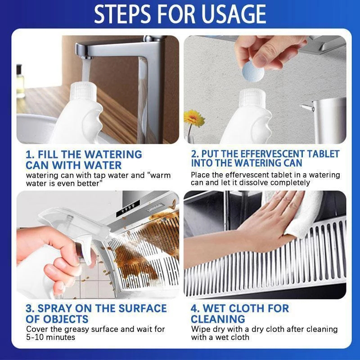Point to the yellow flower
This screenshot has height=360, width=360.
pos(194,118)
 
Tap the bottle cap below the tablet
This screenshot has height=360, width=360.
pos(253,98)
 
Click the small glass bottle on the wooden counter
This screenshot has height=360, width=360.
pos(20,81)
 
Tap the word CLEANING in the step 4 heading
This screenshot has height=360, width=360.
pos(218,319)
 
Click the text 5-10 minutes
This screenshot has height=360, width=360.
pos(50,337)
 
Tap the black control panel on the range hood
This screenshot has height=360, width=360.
pos(128,208)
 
